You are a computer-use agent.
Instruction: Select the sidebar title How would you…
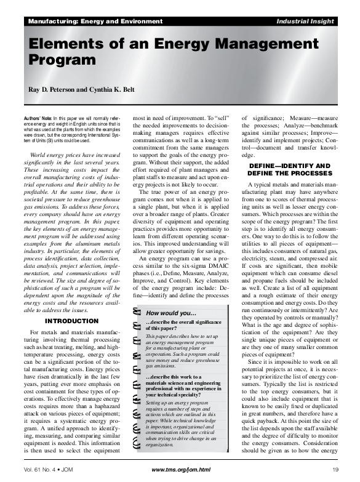pos(170,312)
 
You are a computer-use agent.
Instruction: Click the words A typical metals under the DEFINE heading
pos(271,185)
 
